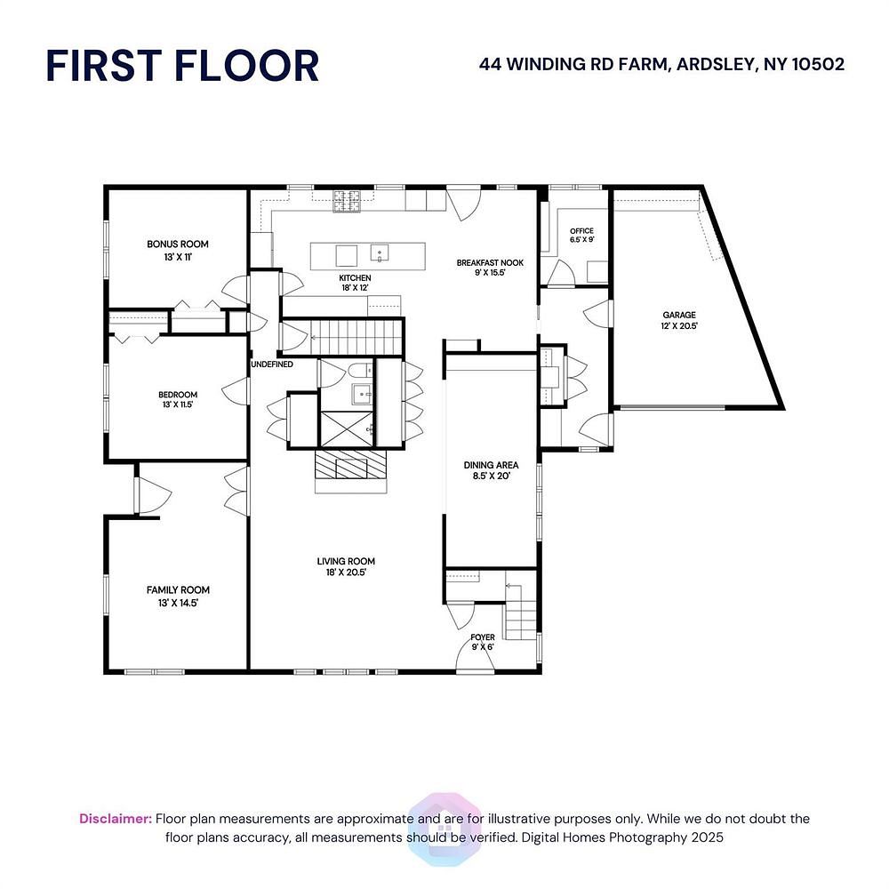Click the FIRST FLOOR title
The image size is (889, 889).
click(x=182, y=66)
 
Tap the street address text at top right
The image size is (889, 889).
click(x=661, y=64)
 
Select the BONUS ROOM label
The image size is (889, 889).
click(x=178, y=244)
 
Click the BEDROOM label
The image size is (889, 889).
click(x=178, y=395)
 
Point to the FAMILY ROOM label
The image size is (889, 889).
click(x=178, y=590)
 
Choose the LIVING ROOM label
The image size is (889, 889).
click(x=346, y=561)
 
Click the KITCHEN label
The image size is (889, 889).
click(x=355, y=277)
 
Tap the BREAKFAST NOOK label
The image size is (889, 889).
click(x=490, y=262)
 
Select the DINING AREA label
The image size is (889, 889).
click(x=491, y=465)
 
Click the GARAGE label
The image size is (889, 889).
click(x=679, y=315)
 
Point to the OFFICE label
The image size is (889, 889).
click(x=581, y=231)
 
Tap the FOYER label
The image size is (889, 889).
click(x=483, y=637)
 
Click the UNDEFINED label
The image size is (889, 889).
click(x=272, y=364)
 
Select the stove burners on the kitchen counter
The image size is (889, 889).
click(x=347, y=201)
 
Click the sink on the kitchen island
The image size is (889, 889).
click(x=380, y=252)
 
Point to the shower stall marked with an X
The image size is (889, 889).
click(x=347, y=428)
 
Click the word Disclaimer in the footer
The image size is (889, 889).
click(x=116, y=819)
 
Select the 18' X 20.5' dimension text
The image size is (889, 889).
click(x=346, y=573)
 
